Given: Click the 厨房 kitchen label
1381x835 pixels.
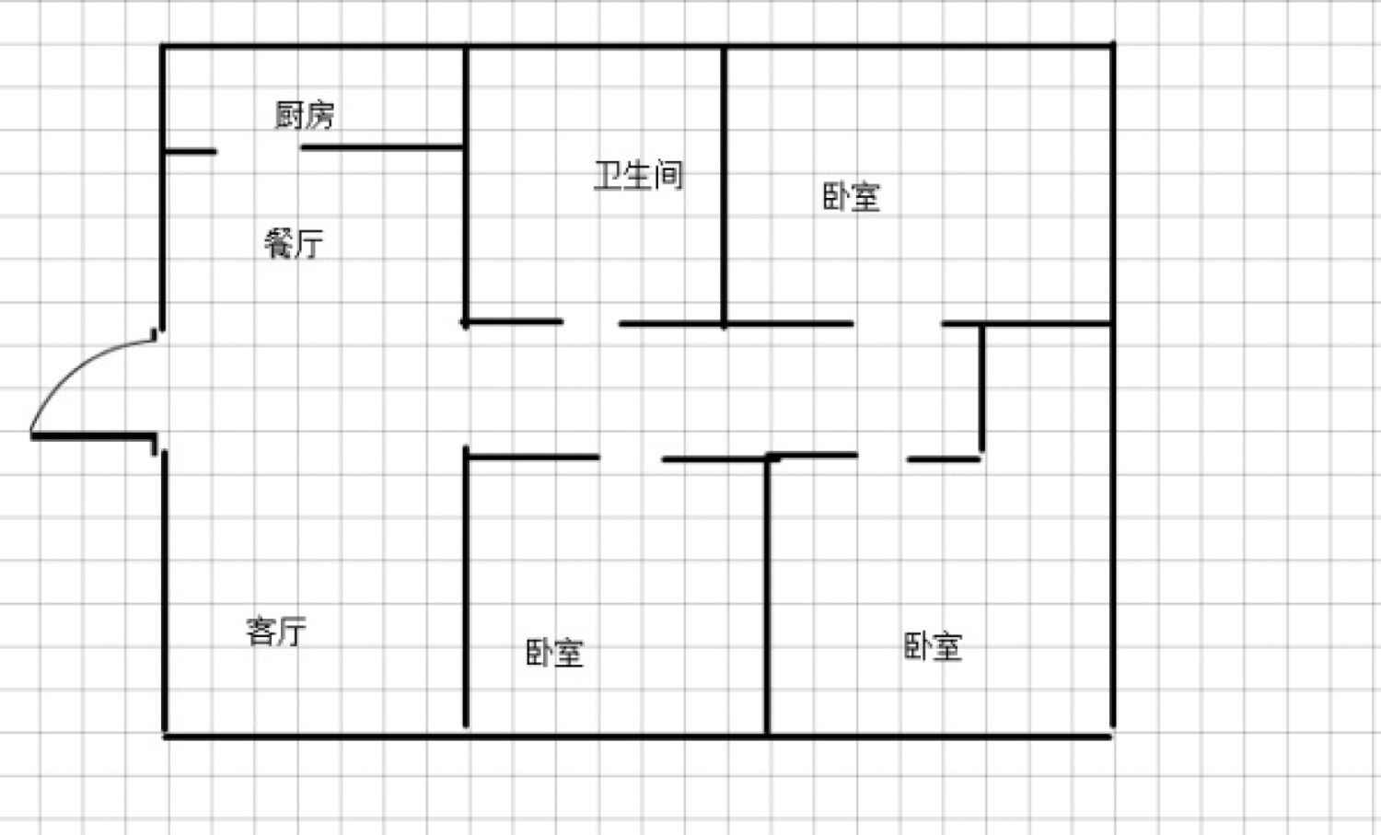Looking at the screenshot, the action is tap(305, 115).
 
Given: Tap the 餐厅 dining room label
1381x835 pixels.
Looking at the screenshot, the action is tap(294, 244).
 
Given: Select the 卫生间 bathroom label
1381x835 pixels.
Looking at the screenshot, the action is tap(639, 175).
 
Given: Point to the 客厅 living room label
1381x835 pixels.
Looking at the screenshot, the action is tap(276, 632).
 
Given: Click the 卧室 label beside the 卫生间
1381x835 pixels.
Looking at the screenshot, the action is tap(851, 197).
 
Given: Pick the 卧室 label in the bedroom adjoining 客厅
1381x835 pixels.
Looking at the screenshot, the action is tap(554, 653).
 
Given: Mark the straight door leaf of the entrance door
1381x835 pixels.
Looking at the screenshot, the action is tap(92, 435).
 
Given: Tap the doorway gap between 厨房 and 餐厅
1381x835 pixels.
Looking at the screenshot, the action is tap(259, 149).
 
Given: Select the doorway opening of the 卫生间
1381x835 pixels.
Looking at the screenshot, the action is tap(590, 322).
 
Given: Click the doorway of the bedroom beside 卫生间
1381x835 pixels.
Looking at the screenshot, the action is tap(897, 323).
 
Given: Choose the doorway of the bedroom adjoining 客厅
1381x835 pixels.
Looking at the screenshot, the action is tap(631, 458).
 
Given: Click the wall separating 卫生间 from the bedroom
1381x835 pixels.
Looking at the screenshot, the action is tap(724, 184).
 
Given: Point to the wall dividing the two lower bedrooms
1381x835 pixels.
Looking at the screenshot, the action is tap(766, 598).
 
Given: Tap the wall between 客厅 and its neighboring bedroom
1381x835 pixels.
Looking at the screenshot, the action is tap(466, 589).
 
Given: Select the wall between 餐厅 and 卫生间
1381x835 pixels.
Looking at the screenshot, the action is tap(466, 230).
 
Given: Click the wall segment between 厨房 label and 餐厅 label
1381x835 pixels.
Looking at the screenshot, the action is tap(382, 147).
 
